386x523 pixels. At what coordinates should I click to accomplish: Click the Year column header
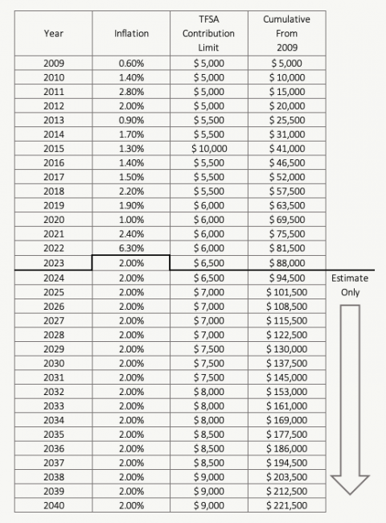(55, 34)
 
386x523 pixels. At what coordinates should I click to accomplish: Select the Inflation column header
(130, 34)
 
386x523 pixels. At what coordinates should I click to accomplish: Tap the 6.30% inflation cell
(130, 248)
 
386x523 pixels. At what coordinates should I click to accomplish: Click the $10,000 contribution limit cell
(208, 148)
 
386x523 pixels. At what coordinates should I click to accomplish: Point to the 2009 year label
(55, 62)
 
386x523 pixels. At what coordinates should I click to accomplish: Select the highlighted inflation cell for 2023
(130, 262)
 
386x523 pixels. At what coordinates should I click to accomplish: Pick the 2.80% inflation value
(130, 91)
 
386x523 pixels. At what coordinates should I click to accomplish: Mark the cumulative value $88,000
(287, 262)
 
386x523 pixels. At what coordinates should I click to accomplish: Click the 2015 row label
(55, 148)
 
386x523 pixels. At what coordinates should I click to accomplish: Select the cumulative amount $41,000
(287, 148)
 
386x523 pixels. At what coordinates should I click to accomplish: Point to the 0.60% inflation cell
(130, 62)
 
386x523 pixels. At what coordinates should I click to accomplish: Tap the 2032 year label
(55, 391)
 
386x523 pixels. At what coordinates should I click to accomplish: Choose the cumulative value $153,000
(287, 391)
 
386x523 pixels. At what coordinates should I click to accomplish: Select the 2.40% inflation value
(130, 233)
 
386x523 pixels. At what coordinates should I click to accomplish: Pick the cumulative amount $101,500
(287, 290)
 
